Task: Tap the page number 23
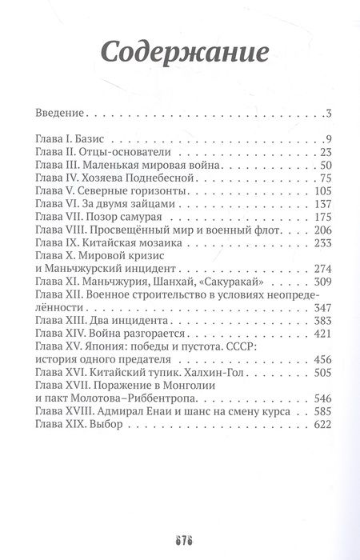pos(326,152)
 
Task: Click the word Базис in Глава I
pos(103,138)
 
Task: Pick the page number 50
pos(326,166)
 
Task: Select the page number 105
pos(322,192)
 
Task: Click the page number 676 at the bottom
pos(179,534)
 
